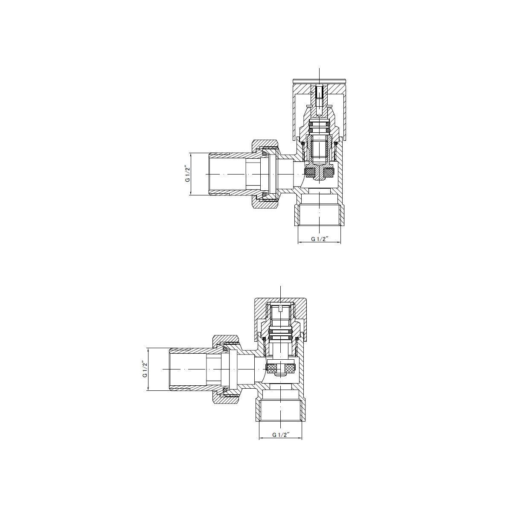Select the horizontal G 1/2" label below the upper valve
tap(320, 239)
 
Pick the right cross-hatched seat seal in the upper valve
tap(329, 173)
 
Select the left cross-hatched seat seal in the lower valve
tap(271, 368)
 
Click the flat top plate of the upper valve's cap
tap(320, 81)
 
